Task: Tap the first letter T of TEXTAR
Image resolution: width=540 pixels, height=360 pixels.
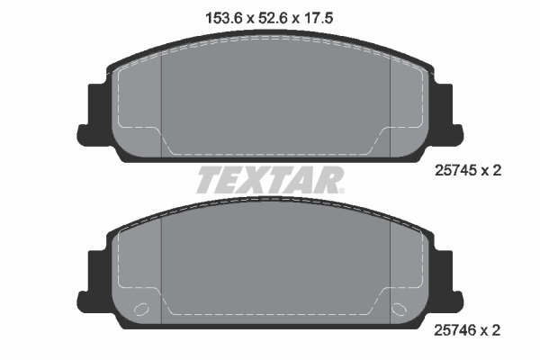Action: pos(209,181)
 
